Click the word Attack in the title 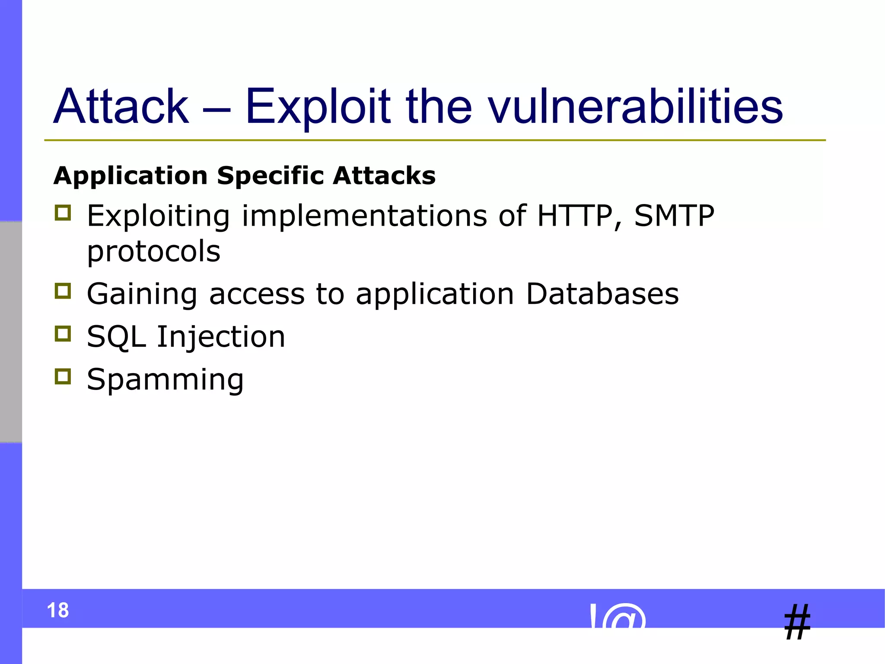(x=121, y=106)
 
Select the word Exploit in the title (x=318, y=106)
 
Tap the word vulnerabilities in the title (x=635, y=106)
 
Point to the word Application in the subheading (x=131, y=176)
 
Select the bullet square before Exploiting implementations (x=63, y=213)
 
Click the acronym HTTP (x=575, y=216)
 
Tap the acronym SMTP (x=674, y=216)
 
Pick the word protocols (x=154, y=252)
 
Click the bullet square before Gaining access (x=63, y=291)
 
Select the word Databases (x=602, y=294)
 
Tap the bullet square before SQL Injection (x=63, y=334)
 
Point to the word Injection (x=221, y=337)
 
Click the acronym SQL (x=116, y=337)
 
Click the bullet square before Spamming (x=63, y=377)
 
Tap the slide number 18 (x=58, y=610)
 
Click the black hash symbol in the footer (x=797, y=622)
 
